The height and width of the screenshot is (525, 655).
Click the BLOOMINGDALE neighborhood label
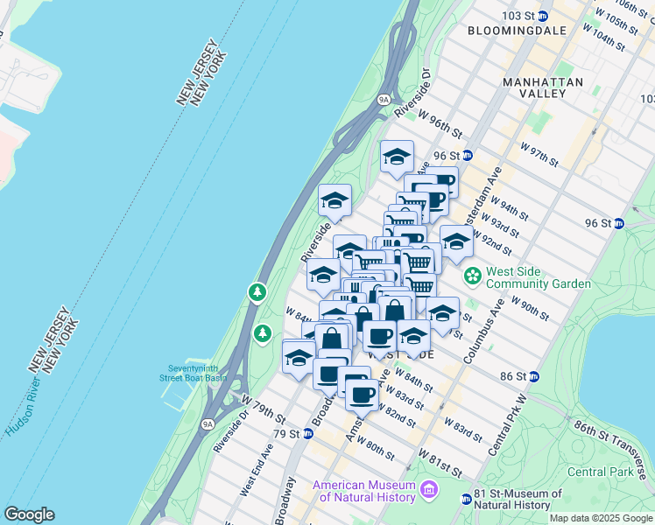click(x=508, y=31)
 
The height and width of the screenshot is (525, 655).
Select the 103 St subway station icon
click(x=542, y=17)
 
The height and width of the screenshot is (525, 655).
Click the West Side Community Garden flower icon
click(x=473, y=276)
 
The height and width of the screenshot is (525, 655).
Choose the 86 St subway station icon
click(x=534, y=376)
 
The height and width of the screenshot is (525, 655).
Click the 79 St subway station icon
click(x=307, y=434)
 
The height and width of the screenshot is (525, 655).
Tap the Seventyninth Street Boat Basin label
click(x=193, y=373)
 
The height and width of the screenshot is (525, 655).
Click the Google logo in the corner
click(x=29, y=514)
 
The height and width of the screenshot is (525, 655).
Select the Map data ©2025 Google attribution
click(x=601, y=518)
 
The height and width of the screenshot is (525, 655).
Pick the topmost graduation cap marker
click(x=397, y=157)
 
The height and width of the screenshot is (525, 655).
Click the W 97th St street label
click(x=539, y=154)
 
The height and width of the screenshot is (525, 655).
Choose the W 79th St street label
click(x=262, y=409)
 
